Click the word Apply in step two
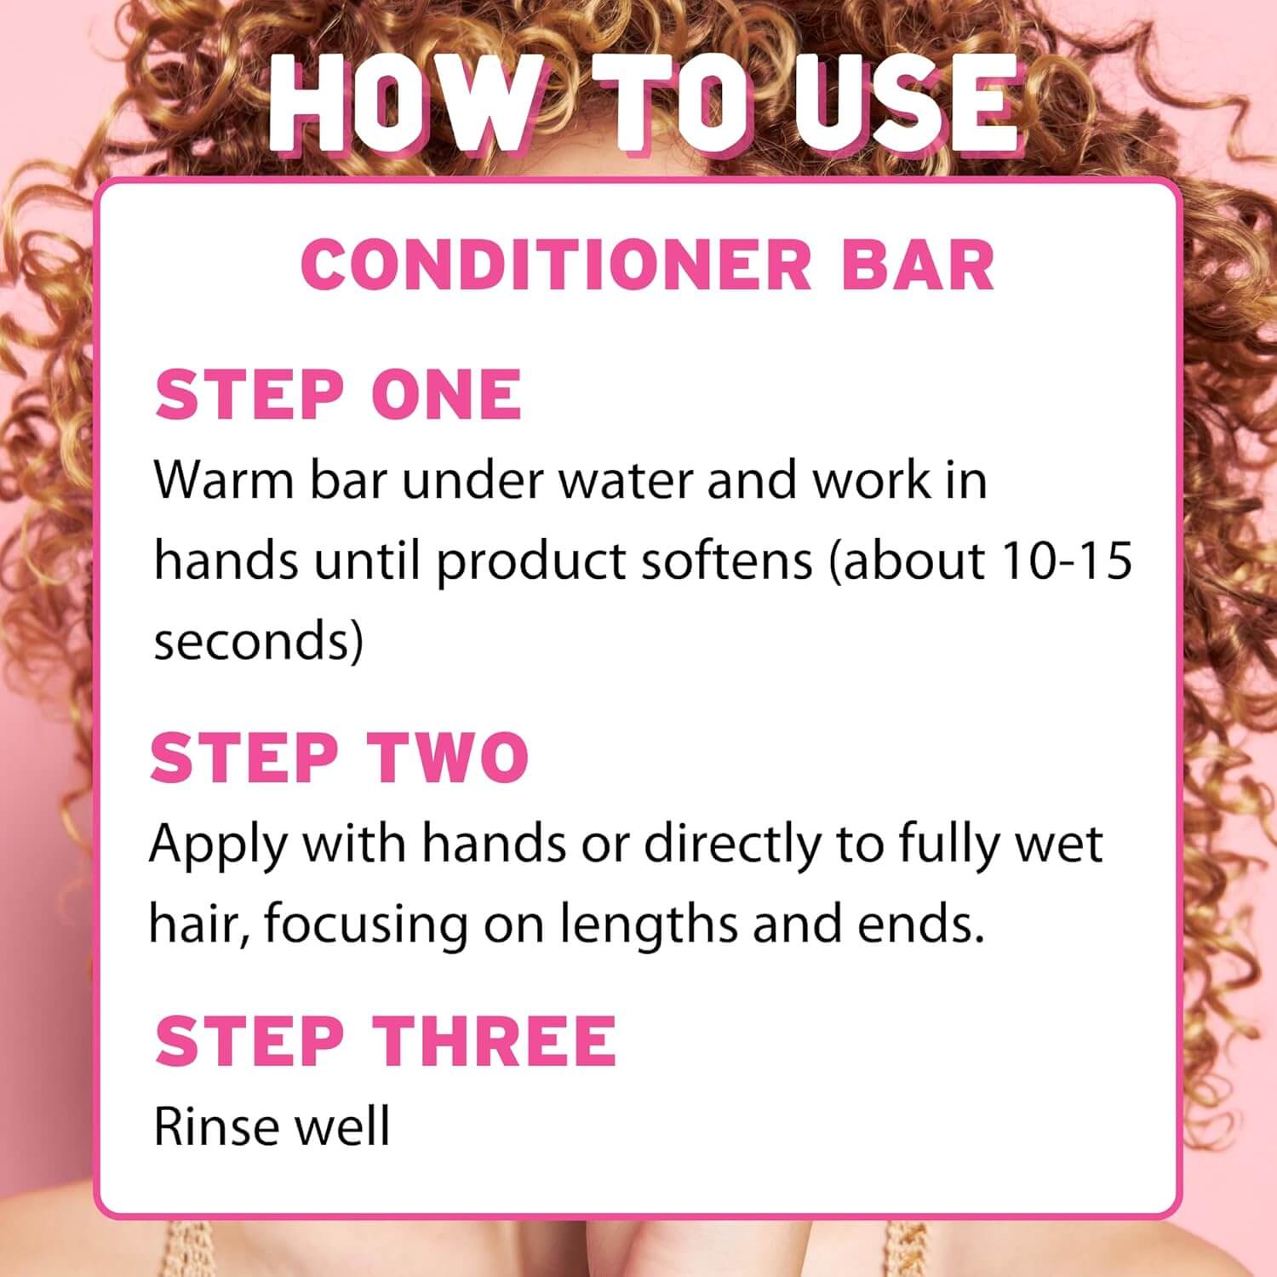click(x=217, y=845)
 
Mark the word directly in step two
click(x=730, y=845)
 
